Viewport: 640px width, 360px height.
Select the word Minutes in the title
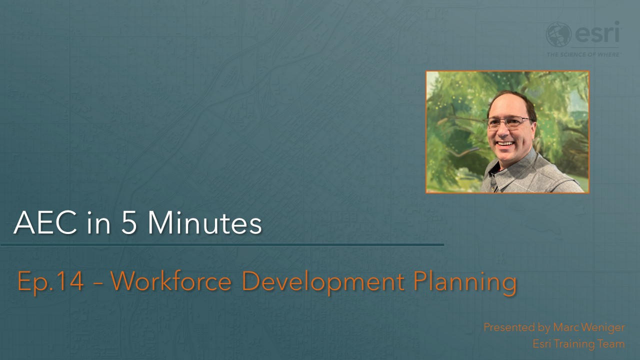(204, 223)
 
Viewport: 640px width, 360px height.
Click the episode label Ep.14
(50, 281)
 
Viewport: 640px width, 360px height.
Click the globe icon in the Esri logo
(558, 34)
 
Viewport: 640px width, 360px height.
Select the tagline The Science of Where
(583, 54)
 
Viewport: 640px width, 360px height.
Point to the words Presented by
(517, 328)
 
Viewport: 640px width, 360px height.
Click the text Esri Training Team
(578, 344)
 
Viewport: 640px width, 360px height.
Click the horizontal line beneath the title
(222, 245)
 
